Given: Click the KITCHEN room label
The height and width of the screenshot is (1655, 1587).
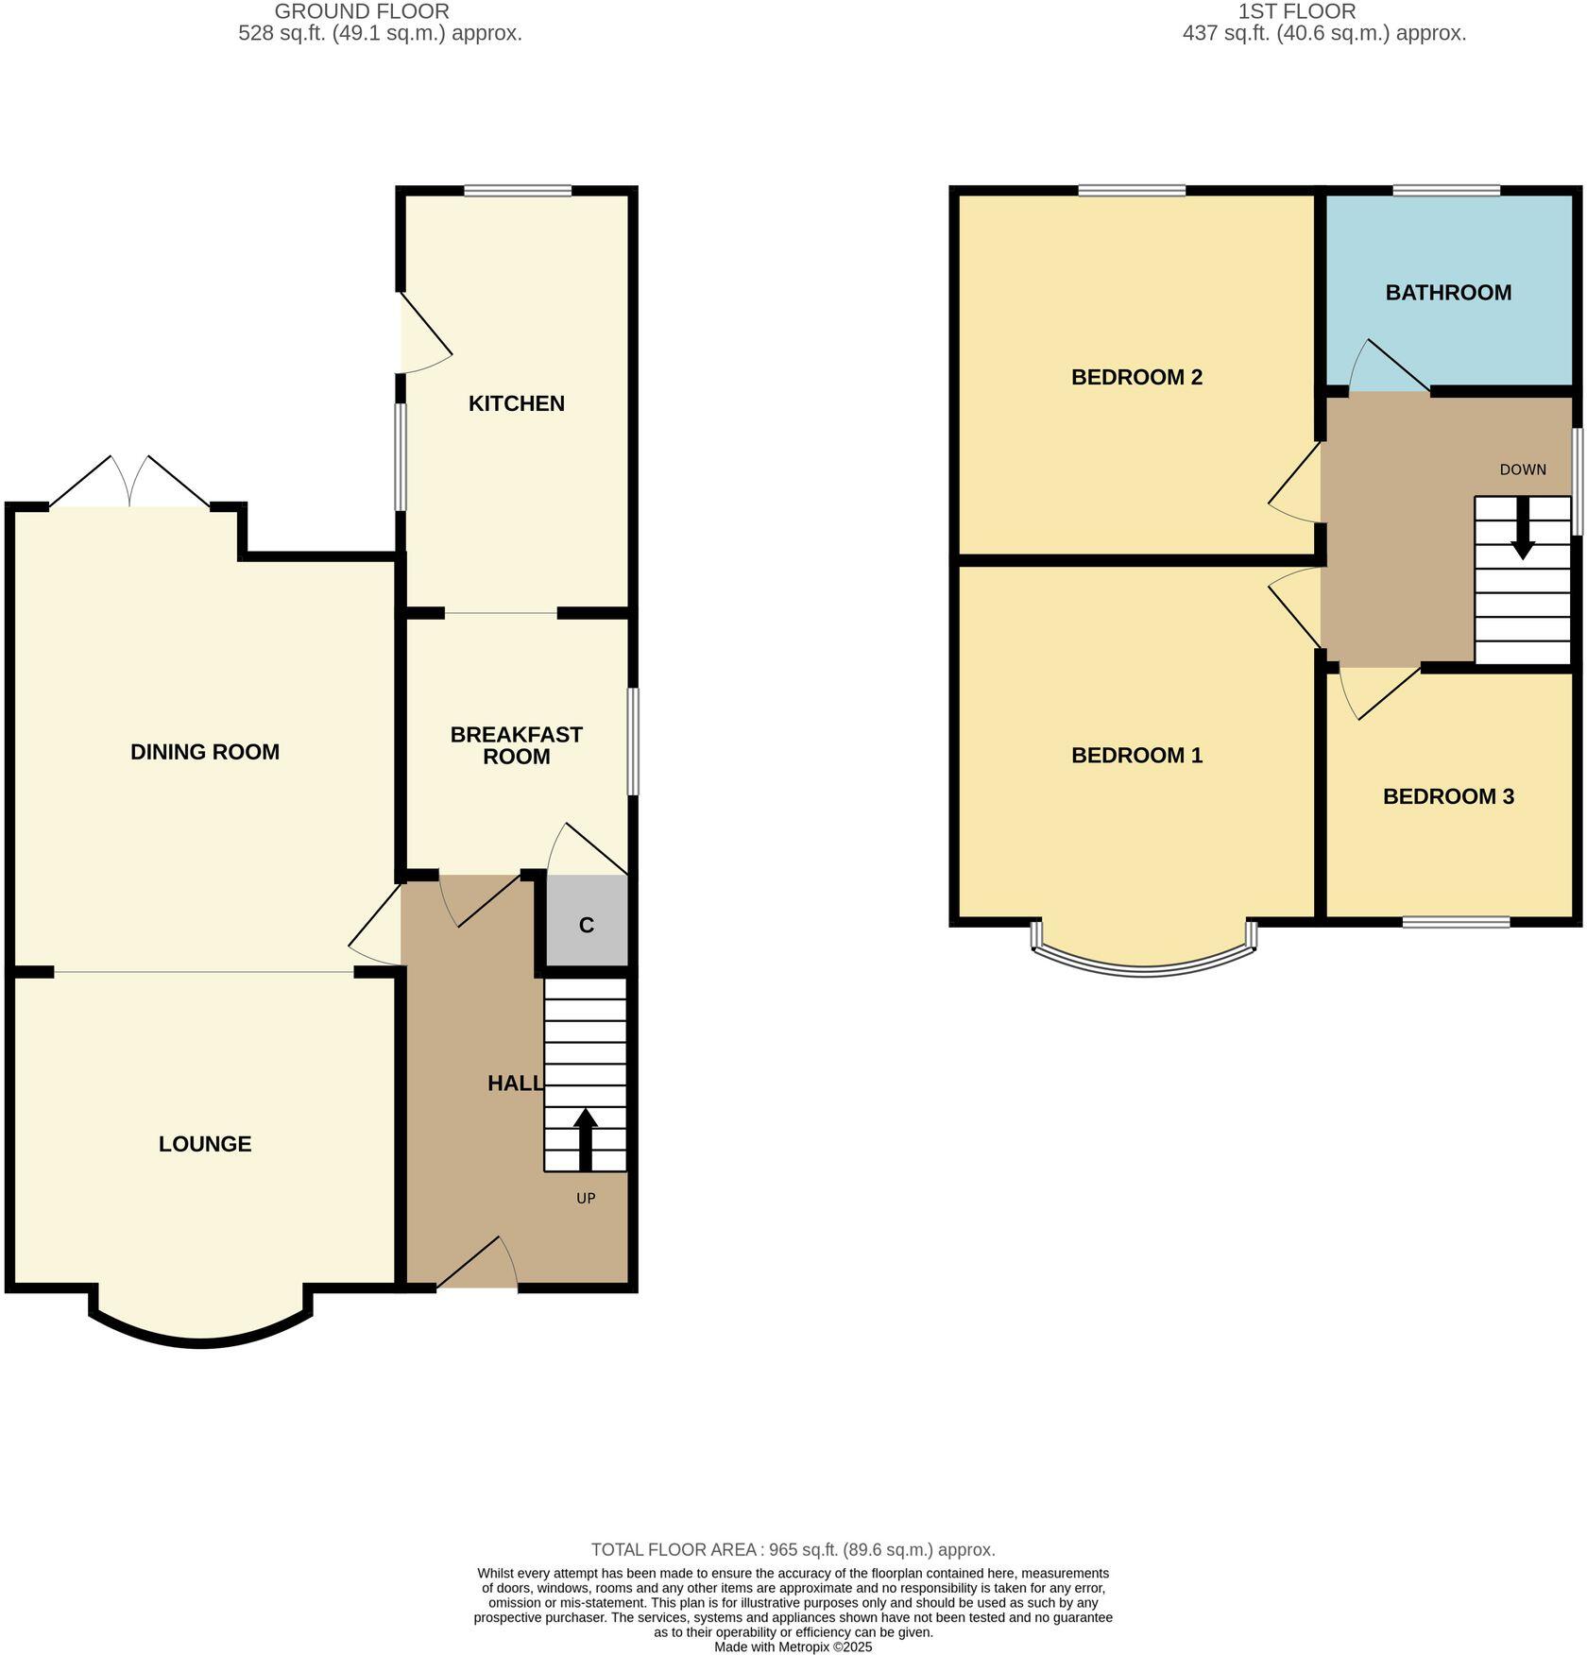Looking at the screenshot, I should pyautogui.click(x=517, y=403).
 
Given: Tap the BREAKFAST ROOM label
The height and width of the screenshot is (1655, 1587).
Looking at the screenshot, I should pyautogui.click(x=516, y=745).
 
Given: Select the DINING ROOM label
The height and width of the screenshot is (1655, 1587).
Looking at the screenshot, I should pyautogui.click(x=205, y=752).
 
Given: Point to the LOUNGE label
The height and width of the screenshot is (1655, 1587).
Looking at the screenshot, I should pyautogui.click(x=205, y=1144).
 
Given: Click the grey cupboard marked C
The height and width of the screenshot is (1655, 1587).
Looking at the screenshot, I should pyautogui.click(x=587, y=925).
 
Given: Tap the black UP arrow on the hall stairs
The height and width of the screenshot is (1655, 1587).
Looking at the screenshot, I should pyautogui.click(x=586, y=1138).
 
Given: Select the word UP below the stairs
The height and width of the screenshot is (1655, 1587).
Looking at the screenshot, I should pyautogui.click(x=586, y=1198).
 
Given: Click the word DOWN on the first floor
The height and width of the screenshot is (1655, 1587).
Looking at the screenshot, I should pyautogui.click(x=1523, y=469).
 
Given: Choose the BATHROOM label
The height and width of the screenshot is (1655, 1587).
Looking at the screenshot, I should pyautogui.click(x=1448, y=293).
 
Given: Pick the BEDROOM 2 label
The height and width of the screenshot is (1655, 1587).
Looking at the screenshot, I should pyautogui.click(x=1136, y=378).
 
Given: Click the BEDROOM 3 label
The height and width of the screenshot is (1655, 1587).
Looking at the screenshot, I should pyautogui.click(x=1448, y=796).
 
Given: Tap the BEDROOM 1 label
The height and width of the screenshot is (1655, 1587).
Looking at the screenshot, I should pyautogui.click(x=1136, y=756).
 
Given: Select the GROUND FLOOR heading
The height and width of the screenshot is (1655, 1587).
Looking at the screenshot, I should pyautogui.click(x=362, y=11).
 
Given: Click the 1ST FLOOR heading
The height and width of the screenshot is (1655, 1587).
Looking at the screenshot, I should pyautogui.click(x=1296, y=11).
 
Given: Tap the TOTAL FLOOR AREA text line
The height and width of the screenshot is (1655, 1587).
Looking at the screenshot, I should pyautogui.click(x=793, y=1549).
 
